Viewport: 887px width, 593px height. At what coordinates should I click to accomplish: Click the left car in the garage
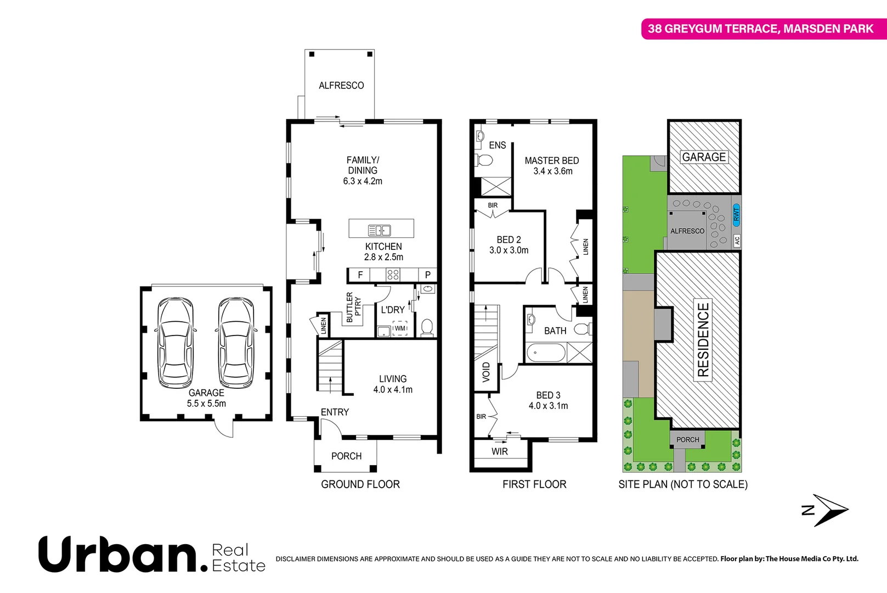pyautogui.click(x=176, y=343)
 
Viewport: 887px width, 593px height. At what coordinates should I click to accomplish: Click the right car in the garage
pyautogui.click(x=236, y=343)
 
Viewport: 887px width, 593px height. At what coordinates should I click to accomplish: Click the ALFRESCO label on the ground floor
pyautogui.click(x=341, y=86)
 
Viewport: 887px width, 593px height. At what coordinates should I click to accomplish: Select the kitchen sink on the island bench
pyautogui.click(x=379, y=230)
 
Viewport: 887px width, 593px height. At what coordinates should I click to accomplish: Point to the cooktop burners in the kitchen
pyautogui.click(x=393, y=275)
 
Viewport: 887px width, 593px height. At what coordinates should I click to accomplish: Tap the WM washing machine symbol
pyautogui.click(x=400, y=328)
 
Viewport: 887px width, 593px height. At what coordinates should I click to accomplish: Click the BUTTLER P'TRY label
pyautogui.click(x=353, y=307)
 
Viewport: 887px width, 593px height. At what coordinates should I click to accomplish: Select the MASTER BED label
pyautogui.click(x=551, y=161)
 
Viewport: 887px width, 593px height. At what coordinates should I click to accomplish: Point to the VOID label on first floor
pyautogui.click(x=486, y=372)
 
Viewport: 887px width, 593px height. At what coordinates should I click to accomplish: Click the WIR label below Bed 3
pyautogui.click(x=499, y=452)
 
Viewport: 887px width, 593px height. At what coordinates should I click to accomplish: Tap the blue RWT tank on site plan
pyautogui.click(x=736, y=213)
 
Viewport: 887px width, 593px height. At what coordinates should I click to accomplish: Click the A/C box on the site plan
pyautogui.click(x=737, y=240)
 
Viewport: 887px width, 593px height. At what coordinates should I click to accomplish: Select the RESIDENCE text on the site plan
pyautogui.click(x=703, y=339)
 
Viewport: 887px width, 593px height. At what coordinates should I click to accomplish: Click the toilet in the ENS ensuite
pyautogui.click(x=484, y=160)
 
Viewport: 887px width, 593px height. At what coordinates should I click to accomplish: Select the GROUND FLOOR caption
pyautogui.click(x=360, y=484)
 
